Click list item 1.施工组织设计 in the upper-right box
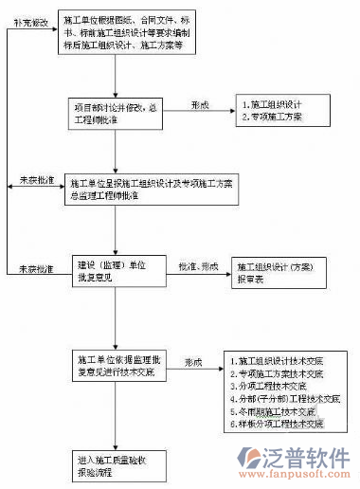coord(275,104)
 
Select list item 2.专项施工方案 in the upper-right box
coord(275,118)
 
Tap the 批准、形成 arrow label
coord(198,266)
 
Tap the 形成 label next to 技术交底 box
coord(193,362)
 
